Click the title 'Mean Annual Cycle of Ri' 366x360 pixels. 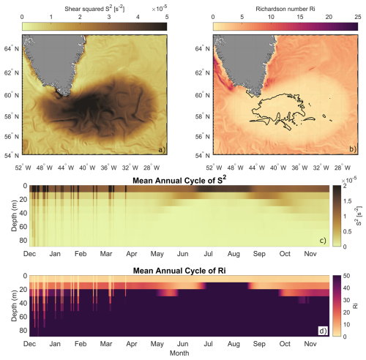(x=179, y=271)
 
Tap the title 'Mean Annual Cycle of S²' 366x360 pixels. (x=179, y=180)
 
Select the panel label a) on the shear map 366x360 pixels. (x=162, y=149)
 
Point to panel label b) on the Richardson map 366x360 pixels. (x=353, y=149)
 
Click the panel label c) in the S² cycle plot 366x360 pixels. (x=323, y=241)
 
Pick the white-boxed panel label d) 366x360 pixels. (x=323, y=331)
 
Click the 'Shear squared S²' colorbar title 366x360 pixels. (x=94, y=10)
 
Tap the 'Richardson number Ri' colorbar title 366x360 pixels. (x=285, y=9)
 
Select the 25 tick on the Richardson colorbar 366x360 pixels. (x=358, y=17)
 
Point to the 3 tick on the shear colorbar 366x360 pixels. (x=109, y=17)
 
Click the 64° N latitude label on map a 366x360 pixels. (x=12, y=49)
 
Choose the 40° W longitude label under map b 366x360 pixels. (x=278, y=168)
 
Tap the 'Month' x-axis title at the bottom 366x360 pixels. (x=179, y=353)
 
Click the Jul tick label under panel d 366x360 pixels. (x=208, y=344)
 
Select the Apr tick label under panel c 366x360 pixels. (x=132, y=254)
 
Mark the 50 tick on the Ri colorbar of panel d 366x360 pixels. (x=346, y=276)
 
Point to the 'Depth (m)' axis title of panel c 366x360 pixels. (x=15, y=215)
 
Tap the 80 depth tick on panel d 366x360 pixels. (x=23, y=331)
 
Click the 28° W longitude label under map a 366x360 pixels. (x=152, y=168)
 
